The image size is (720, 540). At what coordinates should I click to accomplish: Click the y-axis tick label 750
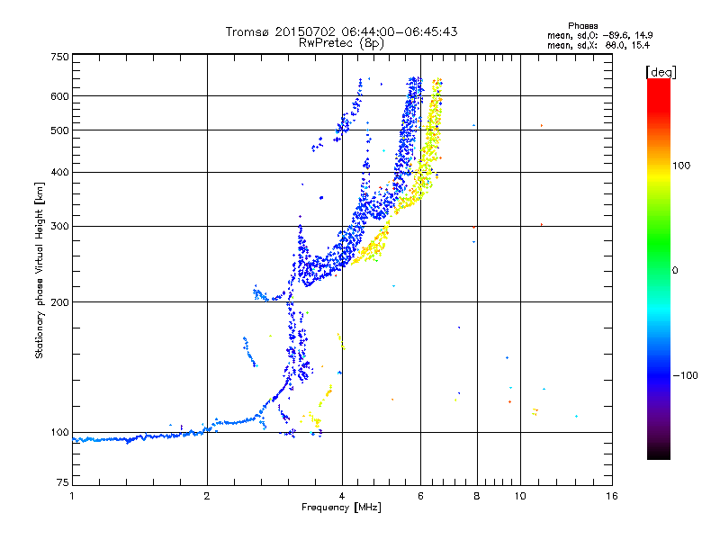[59, 56]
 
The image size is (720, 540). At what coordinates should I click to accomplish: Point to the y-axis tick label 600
[59, 95]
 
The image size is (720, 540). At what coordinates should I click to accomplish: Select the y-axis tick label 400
[59, 172]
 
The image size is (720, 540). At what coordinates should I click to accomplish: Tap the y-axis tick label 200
[59, 301]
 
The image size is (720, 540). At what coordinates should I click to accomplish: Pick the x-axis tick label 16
[611, 496]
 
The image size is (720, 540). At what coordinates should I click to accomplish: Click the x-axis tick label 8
[476, 496]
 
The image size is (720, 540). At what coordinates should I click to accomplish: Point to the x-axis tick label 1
[72, 496]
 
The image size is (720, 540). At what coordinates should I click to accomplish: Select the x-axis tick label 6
[420, 496]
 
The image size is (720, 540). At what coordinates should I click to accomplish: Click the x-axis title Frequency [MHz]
[341, 508]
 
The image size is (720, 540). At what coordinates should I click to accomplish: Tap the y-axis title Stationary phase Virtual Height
[40, 270]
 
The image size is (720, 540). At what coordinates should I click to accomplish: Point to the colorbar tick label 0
[676, 269]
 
